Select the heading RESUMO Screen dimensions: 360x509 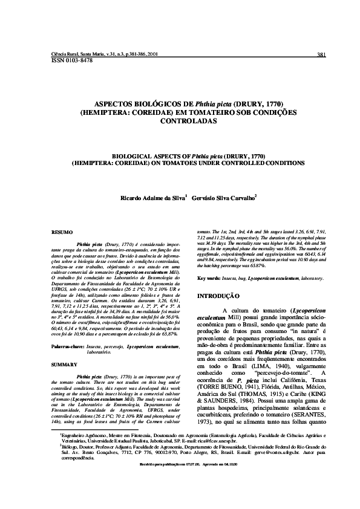click(x=62, y=232)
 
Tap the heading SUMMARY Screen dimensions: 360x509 click(x=64, y=365)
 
